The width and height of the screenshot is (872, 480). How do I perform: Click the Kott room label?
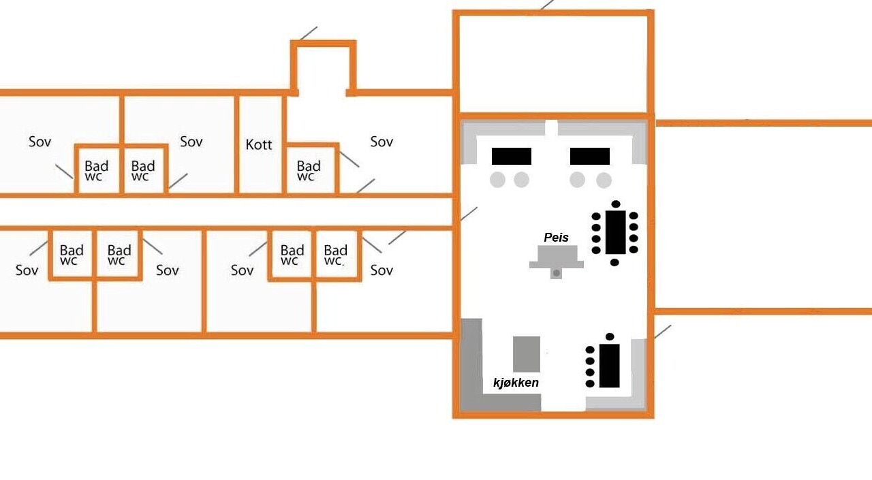click(258, 145)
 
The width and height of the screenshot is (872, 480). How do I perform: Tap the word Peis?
click(556, 238)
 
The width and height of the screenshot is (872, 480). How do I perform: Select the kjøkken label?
click(516, 383)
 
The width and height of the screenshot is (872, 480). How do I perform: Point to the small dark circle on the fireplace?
click(557, 273)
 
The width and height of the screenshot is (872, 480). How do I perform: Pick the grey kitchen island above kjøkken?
click(527, 354)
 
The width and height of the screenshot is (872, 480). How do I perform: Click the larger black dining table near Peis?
click(615, 232)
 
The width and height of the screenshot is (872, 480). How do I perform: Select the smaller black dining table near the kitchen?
click(609, 366)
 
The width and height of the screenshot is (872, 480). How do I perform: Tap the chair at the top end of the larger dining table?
click(616, 204)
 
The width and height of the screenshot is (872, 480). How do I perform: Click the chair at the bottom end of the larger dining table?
click(614, 263)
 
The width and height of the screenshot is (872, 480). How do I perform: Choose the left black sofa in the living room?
click(511, 156)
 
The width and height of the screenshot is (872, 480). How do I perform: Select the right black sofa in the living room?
click(590, 156)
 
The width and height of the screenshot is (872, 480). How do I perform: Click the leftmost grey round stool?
click(497, 180)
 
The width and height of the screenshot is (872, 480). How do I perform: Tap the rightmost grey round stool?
click(604, 180)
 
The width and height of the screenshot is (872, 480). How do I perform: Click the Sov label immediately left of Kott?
click(191, 142)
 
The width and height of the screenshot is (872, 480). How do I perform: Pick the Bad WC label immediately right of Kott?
click(309, 171)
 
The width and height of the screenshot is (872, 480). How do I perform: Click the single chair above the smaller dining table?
click(610, 336)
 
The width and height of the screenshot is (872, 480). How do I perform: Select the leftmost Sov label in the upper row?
click(40, 142)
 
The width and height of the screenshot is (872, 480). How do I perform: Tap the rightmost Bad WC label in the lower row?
click(335, 255)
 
